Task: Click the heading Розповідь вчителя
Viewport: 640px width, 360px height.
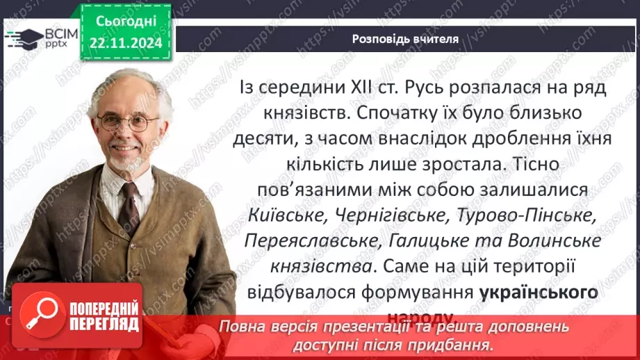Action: (404, 39)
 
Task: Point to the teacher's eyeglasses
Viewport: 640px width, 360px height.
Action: (129, 122)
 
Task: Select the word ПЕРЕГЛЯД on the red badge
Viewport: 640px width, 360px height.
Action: (104, 324)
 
